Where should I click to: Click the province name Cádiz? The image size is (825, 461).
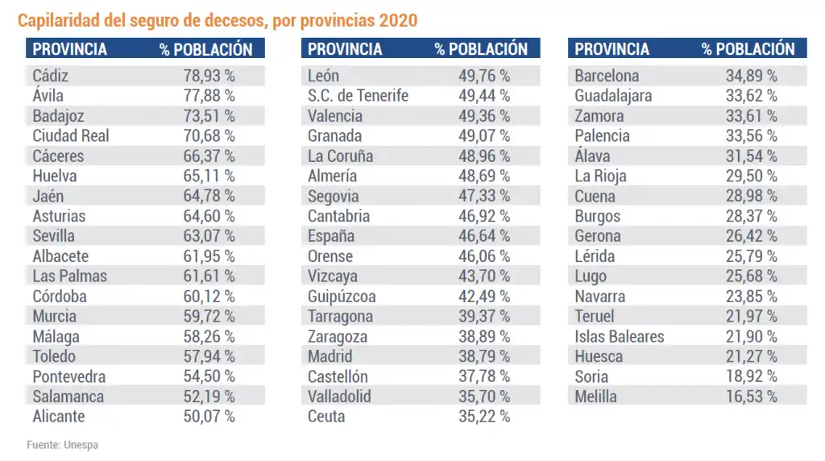click(51, 77)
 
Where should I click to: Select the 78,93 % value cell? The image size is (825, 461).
click(205, 77)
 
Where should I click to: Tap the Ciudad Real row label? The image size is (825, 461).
click(71, 136)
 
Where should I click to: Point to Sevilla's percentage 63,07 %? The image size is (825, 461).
click(205, 236)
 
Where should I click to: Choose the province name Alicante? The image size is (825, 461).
click(59, 417)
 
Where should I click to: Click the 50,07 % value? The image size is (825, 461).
click(205, 417)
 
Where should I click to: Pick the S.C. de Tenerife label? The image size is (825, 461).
click(358, 96)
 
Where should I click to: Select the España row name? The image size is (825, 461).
click(330, 236)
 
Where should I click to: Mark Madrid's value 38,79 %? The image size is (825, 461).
click(481, 356)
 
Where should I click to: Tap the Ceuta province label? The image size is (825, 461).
click(326, 417)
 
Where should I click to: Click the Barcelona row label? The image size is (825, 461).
click(607, 77)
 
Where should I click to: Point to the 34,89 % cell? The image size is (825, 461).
click(748, 77)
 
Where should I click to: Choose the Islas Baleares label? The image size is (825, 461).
click(620, 336)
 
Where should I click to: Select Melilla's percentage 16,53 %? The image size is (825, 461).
click(748, 397)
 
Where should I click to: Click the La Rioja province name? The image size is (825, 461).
click(600, 177)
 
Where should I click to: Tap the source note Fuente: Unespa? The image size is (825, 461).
click(63, 444)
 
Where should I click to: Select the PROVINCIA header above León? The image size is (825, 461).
click(345, 49)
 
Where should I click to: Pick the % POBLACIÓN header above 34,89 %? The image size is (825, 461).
click(748, 49)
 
